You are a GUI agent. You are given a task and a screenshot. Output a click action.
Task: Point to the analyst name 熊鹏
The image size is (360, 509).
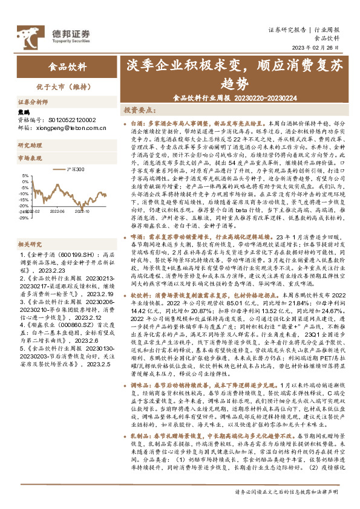[x=24, y=112]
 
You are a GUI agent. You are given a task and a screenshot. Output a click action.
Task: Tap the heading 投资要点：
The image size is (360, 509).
[x=137, y=111]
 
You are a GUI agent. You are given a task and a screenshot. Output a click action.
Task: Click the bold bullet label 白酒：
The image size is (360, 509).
[x=138, y=122]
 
